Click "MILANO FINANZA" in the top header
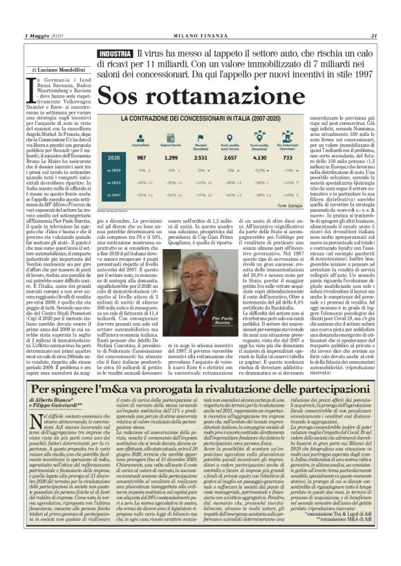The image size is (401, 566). pos(200,36)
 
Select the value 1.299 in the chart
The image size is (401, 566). pos(171,158)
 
